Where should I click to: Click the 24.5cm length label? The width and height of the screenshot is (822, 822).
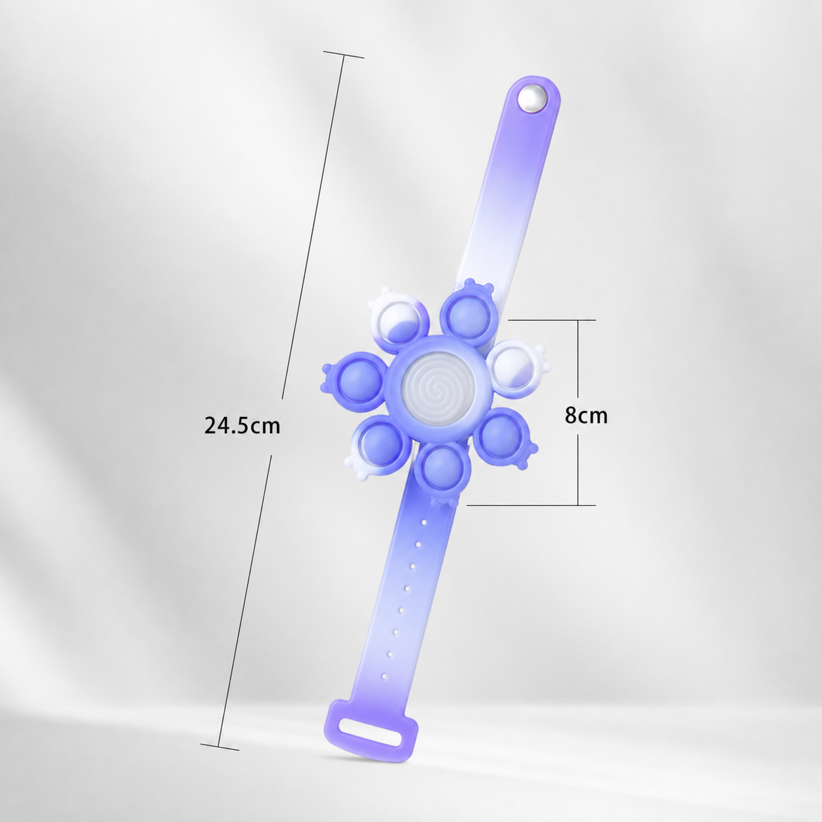(x=243, y=425)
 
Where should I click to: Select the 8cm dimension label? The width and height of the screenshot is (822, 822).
(x=586, y=415)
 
